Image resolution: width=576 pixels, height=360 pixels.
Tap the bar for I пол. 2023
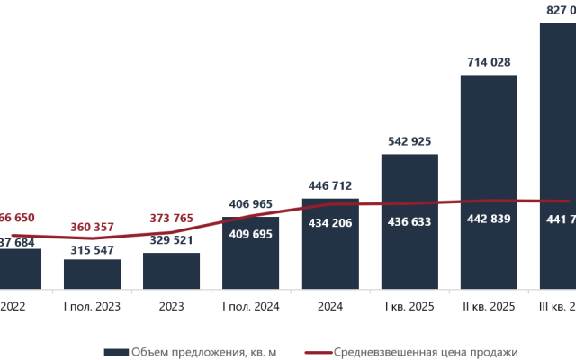92,274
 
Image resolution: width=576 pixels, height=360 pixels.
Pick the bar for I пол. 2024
250,261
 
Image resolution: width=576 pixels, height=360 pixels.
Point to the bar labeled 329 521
171,270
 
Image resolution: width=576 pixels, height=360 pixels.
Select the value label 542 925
409,141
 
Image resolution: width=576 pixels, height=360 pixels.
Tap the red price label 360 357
92,226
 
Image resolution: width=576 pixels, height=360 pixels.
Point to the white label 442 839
489,220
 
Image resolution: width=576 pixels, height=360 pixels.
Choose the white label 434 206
329,220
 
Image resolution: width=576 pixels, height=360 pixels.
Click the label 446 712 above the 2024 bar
329,185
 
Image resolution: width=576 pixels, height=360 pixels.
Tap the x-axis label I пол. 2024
250,307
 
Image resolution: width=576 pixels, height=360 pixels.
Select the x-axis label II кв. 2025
489,307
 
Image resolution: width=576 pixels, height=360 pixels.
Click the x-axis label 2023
171,307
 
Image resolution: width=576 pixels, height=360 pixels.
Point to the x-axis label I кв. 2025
409,307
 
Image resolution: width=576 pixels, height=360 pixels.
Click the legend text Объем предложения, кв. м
202,352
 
